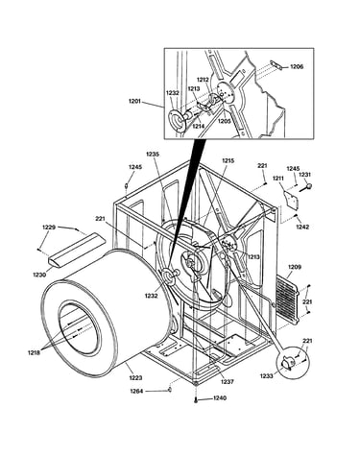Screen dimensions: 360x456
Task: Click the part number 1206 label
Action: (x=297, y=66)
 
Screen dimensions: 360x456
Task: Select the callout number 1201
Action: (x=134, y=101)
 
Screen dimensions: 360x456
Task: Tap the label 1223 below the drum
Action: (x=135, y=378)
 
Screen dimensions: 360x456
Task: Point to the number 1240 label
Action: (x=220, y=398)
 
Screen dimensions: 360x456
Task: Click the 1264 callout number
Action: (x=136, y=391)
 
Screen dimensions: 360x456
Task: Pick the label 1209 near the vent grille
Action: (x=295, y=267)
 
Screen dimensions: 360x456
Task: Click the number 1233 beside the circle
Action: (x=266, y=376)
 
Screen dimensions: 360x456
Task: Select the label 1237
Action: (x=227, y=381)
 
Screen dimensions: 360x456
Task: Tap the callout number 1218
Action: (x=34, y=352)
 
